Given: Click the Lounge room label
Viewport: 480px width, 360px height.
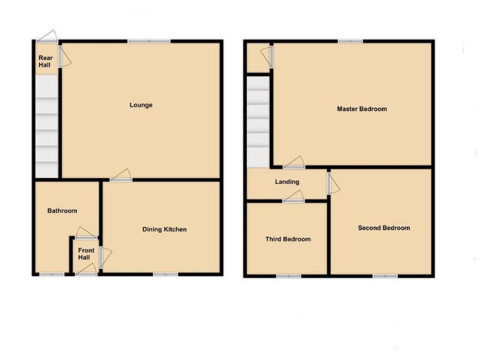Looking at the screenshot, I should (141, 105).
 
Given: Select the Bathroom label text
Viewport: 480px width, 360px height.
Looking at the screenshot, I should (62, 211).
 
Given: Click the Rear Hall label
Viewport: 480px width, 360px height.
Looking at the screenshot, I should (44, 61).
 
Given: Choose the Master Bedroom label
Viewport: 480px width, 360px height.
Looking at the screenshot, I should (362, 109).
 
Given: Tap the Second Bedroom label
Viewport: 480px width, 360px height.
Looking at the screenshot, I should (384, 228).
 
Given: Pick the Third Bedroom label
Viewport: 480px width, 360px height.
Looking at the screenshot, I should (287, 239).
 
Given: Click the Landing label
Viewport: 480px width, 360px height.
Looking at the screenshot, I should (287, 182).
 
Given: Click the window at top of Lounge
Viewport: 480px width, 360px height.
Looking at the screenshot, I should (149, 42).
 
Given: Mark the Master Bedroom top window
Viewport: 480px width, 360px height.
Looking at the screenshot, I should (351, 42).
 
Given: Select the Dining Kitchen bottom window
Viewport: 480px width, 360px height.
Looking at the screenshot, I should (165, 274).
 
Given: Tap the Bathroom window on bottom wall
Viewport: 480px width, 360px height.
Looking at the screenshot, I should (52, 274).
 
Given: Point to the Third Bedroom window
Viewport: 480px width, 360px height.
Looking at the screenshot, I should (288, 275).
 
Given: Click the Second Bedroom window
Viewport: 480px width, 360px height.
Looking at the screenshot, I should (385, 275).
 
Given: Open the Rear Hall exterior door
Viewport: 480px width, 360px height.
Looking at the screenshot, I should (46, 39).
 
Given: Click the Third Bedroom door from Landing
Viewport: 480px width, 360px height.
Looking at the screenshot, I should (294, 199).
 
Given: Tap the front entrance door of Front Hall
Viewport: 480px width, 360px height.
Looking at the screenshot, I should (86, 272).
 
